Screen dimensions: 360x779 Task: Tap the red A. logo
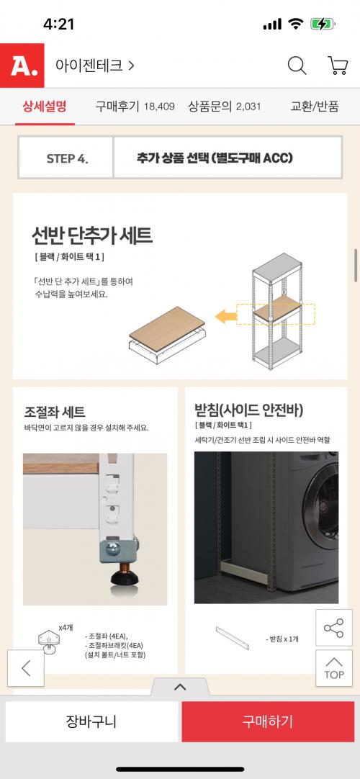[22, 66]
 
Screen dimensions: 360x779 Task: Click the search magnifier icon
[297, 66]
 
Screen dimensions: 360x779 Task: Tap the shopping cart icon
[338, 66]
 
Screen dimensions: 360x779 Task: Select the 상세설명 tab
[44, 106]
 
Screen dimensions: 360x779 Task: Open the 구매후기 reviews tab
[135, 106]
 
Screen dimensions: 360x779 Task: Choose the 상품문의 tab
[225, 106]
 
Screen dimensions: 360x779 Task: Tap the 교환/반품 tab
[315, 106]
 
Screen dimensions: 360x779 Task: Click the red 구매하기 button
[268, 721]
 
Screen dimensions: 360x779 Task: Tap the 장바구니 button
[91, 721]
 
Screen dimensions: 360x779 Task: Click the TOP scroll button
[333, 668]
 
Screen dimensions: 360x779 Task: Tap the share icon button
[333, 628]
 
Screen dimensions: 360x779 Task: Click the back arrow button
[26, 668]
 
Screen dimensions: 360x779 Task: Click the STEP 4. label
[67, 158]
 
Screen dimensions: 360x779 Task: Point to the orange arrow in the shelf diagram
[226, 316]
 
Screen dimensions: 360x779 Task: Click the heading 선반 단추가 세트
[92, 235]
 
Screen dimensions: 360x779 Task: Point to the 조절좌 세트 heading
[55, 412]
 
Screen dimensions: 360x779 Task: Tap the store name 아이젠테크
[89, 66]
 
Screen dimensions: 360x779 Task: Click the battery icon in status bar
[323, 24]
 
